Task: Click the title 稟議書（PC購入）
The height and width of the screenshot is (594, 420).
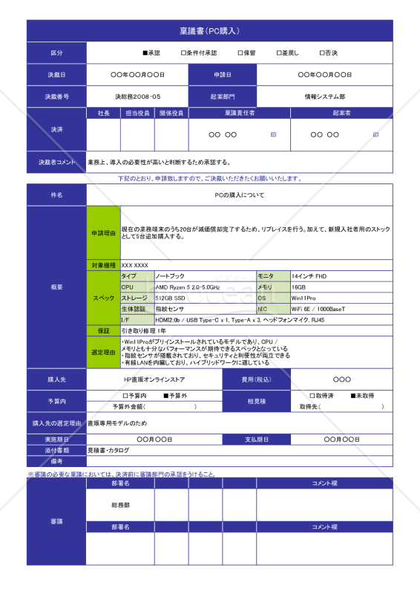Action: [209, 30]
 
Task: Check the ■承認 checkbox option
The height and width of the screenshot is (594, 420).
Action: [151, 53]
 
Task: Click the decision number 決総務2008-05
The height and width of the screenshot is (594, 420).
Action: [138, 97]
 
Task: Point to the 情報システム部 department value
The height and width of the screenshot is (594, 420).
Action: [324, 97]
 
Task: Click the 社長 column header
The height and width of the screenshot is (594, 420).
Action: [104, 113]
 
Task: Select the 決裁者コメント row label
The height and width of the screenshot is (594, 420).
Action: [56, 162]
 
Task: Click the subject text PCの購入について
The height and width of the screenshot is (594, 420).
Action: [239, 195]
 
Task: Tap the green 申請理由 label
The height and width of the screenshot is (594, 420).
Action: [103, 232]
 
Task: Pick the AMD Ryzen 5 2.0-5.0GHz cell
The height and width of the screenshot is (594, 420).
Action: [187, 287]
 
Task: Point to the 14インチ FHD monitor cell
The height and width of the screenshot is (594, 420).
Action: [309, 275]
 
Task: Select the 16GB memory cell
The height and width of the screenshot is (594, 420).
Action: [299, 287]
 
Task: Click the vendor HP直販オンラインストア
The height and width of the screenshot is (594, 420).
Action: [154, 379]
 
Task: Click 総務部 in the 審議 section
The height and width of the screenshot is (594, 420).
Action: [121, 505]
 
